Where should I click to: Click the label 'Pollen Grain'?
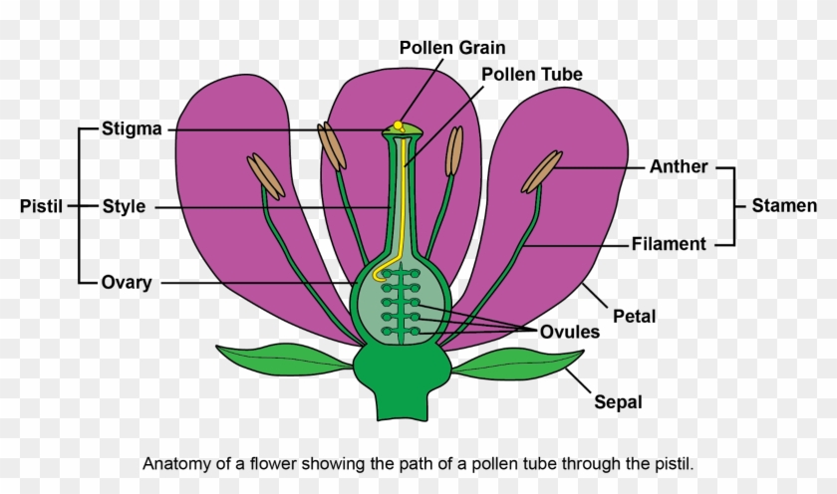[452, 48]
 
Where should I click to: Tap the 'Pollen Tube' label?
[531, 75]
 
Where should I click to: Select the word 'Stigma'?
[132, 129]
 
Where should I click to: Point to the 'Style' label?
[124, 207]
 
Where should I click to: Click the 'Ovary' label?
[127, 283]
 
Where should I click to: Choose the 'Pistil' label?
[41, 207]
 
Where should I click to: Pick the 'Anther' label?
[678, 167]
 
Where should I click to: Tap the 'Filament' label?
[670, 244]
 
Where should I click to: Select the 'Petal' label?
[635, 317]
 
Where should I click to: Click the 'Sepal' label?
[618, 403]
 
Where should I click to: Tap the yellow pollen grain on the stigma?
[398, 125]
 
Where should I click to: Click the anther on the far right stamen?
[542, 170]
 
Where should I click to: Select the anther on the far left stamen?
[265, 173]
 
